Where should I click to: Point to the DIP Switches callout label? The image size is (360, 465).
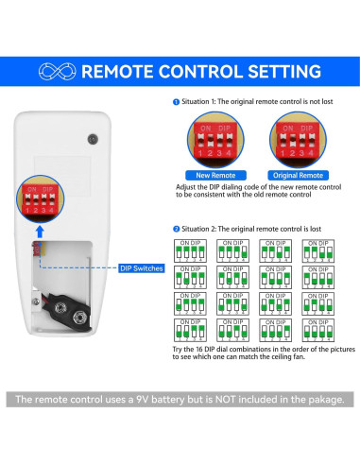(x=143, y=268)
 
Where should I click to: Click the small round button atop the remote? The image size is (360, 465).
(x=92, y=139)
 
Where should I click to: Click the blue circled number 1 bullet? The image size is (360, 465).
(x=176, y=101)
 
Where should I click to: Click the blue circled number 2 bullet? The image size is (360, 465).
(x=176, y=229)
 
